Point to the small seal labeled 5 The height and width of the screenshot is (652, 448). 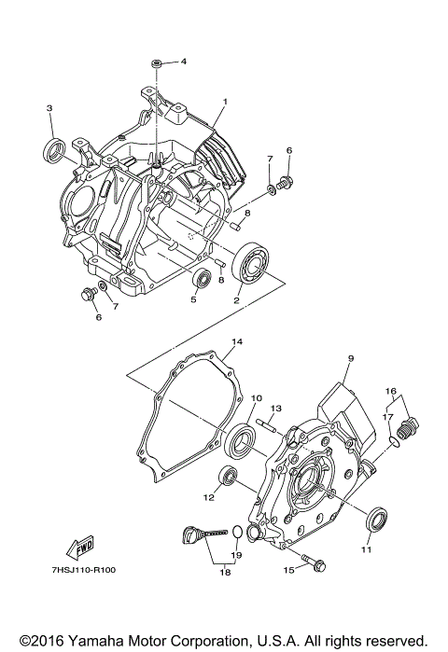(x=200, y=279)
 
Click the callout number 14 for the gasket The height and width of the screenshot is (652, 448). (x=237, y=342)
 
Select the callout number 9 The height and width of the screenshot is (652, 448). (x=351, y=359)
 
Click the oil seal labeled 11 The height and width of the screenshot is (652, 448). (x=374, y=519)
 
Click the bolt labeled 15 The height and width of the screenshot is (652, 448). (x=315, y=565)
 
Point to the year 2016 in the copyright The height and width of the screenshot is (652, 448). (x=43, y=641)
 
